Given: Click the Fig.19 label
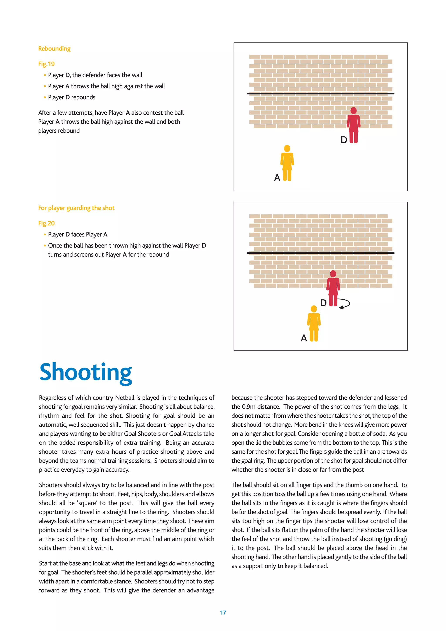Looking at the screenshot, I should pyautogui.click(x=46, y=64).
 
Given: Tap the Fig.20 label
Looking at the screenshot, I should pyautogui.click(x=46, y=223).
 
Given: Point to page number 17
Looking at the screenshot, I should pyautogui.click(x=223, y=612).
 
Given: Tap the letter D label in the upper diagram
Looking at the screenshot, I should pyautogui.click(x=344, y=140).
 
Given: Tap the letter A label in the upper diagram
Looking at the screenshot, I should pyautogui.click(x=277, y=178).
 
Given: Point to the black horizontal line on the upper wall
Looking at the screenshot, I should pyautogui.click(x=321, y=94).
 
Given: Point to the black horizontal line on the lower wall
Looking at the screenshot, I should pyautogui.click(x=321, y=253).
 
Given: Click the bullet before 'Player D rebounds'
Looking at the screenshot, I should pyautogui.click(x=45, y=97).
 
